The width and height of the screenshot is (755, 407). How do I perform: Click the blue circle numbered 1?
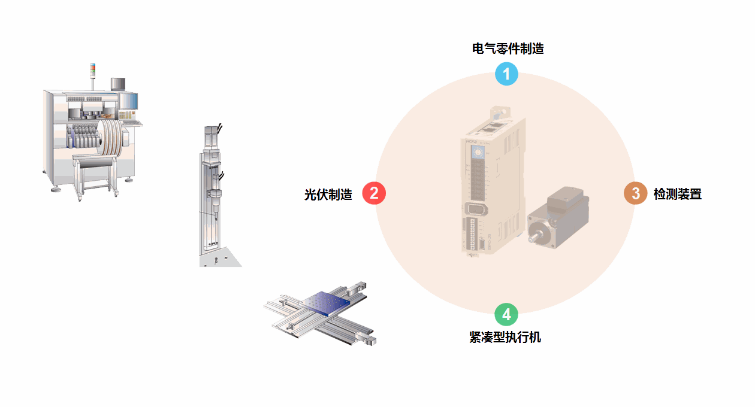[506, 74]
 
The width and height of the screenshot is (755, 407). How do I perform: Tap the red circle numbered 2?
[374, 193]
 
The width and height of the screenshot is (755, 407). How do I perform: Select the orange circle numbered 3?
[635, 193]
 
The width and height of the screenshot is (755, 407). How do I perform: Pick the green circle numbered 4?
[506, 314]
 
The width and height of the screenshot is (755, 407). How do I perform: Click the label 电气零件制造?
[508, 49]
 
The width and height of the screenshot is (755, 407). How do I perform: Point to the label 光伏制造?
[328, 195]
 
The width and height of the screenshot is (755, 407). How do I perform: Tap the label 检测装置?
[677, 195]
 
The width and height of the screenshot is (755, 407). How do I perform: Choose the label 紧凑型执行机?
[505, 338]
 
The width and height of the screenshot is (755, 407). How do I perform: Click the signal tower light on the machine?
[92, 69]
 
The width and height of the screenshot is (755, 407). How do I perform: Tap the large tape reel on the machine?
[110, 139]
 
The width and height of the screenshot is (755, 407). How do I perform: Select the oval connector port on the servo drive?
[475, 209]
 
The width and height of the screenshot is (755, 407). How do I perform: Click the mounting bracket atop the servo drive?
[497, 113]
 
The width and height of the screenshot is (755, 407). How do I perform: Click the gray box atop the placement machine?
[118, 84]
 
